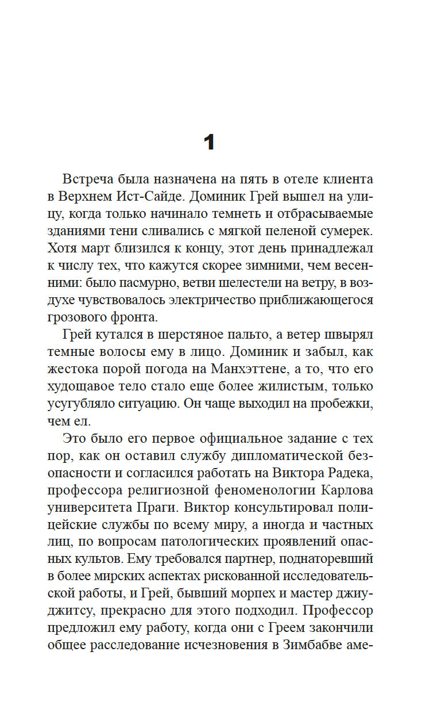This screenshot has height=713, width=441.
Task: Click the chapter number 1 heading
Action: (x=209, y=141)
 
